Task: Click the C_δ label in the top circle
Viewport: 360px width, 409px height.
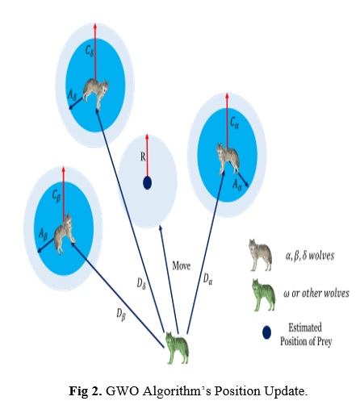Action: click(90, 51)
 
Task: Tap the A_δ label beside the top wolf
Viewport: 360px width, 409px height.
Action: click(72, 95)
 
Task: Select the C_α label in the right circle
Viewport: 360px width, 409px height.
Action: click(234, 123)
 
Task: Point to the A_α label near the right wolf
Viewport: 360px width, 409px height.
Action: click(237, 186)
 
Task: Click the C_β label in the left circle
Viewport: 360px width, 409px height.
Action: click(57, 197)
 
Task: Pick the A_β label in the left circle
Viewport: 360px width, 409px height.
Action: click(43, 234)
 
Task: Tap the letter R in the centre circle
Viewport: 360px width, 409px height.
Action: click(143, 157)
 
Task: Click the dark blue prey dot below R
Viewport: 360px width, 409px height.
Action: click(147, 183)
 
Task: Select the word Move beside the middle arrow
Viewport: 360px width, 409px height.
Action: click(182, 265)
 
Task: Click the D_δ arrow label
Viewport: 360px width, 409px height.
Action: click(141, 283)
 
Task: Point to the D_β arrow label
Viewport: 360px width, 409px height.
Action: click(121, 314)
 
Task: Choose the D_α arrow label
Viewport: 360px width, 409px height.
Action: click(207, 279)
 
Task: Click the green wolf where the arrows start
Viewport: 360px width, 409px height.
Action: click(177, 348)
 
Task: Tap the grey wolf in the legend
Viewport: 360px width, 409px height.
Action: click(260, 255)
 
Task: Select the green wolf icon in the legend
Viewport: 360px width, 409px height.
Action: click(263, 295)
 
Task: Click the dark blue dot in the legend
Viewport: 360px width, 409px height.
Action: click(266, 332)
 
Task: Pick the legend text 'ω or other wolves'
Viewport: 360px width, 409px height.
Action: click(316, 293)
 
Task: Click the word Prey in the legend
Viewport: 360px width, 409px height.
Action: click(324, 341)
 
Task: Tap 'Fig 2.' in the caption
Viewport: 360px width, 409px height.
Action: click(86, 390)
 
